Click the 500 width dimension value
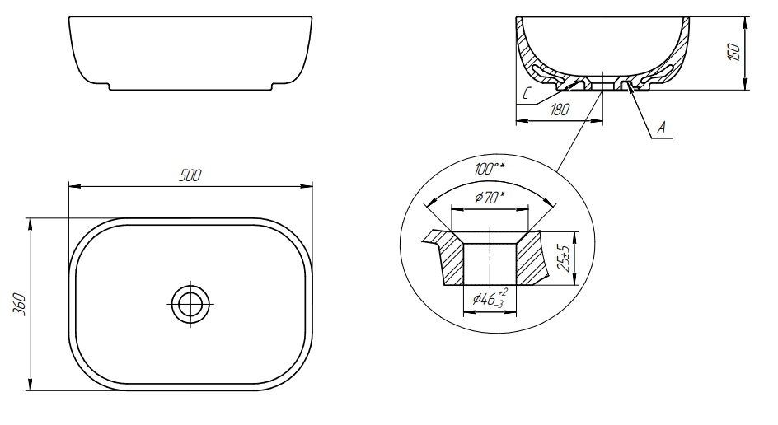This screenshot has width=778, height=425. coord(190,175)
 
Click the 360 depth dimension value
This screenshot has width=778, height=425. coord(18,303)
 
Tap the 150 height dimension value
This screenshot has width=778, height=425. coord(733,53)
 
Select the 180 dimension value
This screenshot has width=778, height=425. coord(560,109)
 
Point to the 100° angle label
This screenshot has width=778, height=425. coord(490,169)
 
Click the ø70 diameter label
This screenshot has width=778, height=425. coord(490,198)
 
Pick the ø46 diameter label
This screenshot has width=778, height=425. coord(489,298)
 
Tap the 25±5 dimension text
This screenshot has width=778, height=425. coord(563,258)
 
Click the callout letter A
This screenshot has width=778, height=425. coord(662,128)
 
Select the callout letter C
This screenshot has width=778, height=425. coord(527,93)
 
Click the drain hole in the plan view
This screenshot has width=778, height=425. coord(191,303)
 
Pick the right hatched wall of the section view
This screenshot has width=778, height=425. coord(677,54)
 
